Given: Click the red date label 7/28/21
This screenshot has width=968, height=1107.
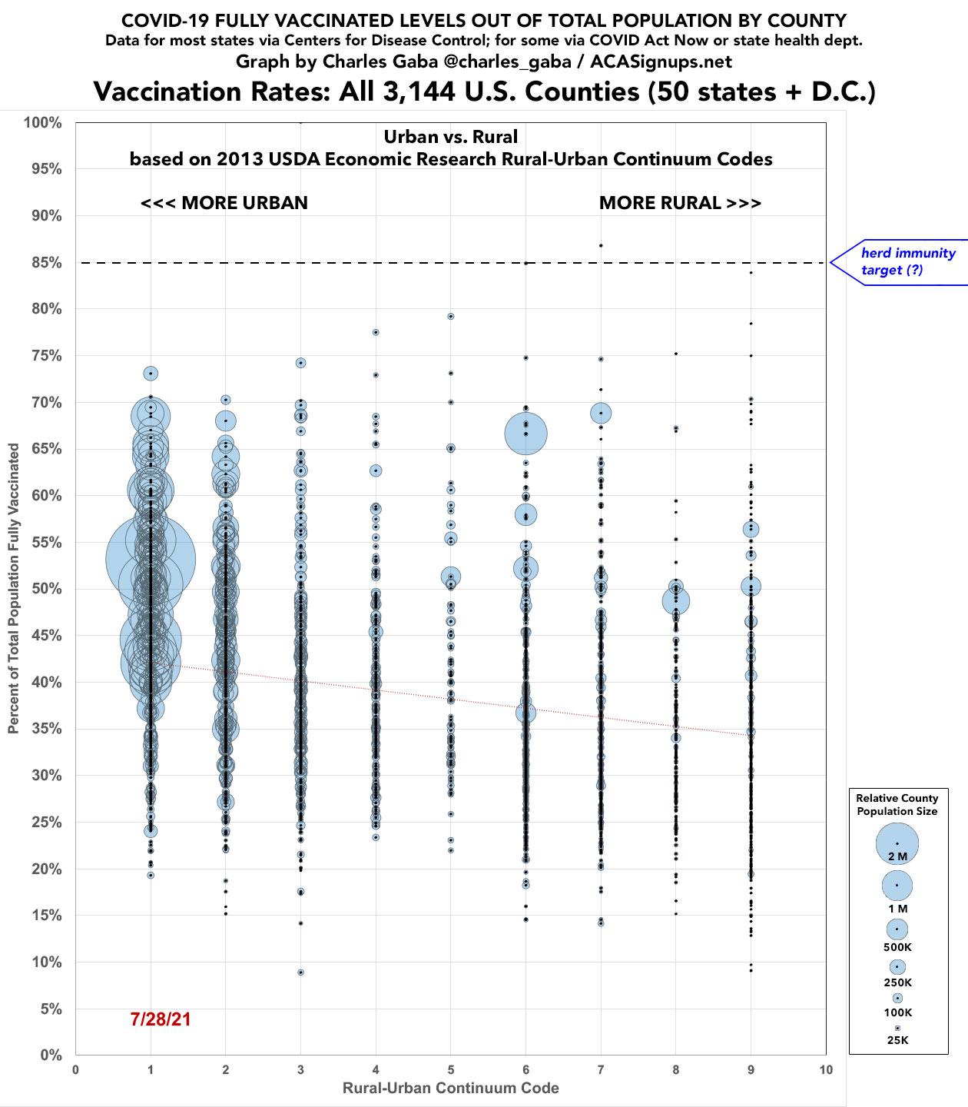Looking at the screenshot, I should [161, 1019].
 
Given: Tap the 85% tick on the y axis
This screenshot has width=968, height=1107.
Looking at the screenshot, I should [47, 263].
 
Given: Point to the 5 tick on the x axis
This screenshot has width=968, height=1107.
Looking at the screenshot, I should [451, 1069].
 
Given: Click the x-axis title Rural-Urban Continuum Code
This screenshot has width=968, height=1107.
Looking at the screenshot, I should [450, 1088].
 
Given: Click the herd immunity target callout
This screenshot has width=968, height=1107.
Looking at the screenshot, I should [907, 261].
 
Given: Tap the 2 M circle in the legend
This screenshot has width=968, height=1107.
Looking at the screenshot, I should [897, 843].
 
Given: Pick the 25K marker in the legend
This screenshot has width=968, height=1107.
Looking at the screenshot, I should [897, 1028].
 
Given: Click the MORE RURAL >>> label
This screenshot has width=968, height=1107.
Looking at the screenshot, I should [680, 203].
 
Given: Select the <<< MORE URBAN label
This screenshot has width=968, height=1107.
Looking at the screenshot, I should [224, 203].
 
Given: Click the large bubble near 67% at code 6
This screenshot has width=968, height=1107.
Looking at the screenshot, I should [525, 434].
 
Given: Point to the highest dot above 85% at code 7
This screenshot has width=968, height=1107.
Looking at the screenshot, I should [601, 245].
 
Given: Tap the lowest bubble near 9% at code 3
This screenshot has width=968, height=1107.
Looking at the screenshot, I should [300, 972].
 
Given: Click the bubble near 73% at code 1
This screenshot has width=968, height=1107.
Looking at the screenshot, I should [151, 374].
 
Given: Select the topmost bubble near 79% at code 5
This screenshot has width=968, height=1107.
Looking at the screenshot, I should [451, 316].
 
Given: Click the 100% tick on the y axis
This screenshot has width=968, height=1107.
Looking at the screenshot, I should [45, 122].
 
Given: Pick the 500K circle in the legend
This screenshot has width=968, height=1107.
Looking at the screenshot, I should [897, 929].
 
